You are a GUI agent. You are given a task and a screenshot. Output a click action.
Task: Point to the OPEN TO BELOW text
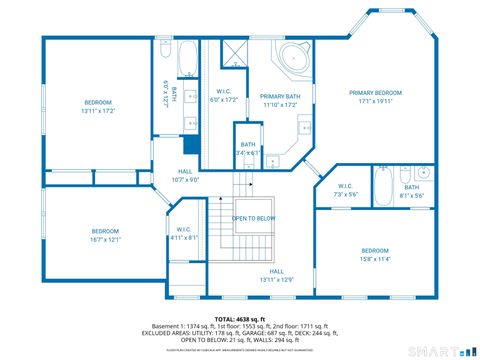click(x=254, y=218)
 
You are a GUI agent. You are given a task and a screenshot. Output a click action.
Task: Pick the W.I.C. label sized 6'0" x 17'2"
click(x=222, y=93)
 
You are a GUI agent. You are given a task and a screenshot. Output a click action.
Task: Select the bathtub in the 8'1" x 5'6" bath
click(x=382, y=185)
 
